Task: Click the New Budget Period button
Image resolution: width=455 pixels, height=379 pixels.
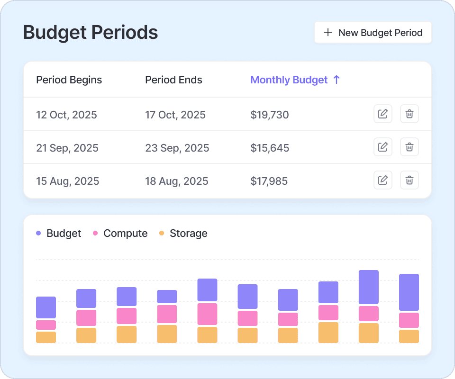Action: coord(373,33)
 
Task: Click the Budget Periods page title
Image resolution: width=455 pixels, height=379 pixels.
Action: coord(91,33)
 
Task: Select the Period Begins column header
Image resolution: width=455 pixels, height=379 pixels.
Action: coord(69,80)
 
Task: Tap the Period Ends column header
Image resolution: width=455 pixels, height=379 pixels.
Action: coord(173,80)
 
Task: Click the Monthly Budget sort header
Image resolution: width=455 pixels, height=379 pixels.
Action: coord(295,80)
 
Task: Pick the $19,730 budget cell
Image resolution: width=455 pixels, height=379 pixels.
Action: coord(270,115)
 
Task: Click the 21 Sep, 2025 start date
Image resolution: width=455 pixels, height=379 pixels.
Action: coord(67,148)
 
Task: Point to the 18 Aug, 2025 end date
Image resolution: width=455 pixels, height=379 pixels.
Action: coord(176,181)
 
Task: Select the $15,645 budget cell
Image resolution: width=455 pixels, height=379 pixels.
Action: coord(270,148)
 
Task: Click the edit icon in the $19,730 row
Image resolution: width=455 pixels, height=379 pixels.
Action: coord(383,114)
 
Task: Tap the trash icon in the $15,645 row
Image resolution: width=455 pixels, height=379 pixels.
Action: coord(409,147)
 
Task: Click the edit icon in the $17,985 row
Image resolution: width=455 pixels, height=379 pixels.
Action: coord(383,180)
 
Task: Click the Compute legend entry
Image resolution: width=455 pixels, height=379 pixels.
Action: coord(120,234)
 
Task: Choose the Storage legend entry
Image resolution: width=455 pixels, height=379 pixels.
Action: coord(183,234)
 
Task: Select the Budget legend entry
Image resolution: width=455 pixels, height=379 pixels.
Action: coord(59,234)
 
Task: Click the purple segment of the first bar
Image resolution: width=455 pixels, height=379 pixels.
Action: coord(46,307)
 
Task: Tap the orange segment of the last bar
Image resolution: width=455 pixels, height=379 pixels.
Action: coord(409,336)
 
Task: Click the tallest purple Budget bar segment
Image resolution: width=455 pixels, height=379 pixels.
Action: coord(369,287)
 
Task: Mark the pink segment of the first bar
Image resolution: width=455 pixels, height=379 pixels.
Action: coord(46,325)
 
